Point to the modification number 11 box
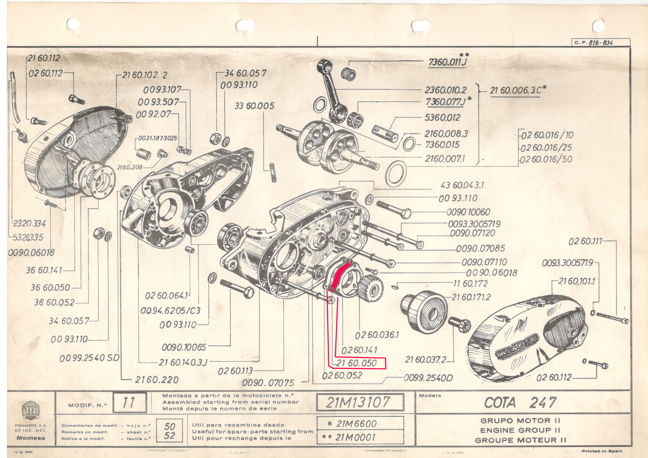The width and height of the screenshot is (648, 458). [x=129, y=402]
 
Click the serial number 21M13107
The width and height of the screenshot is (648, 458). [x=360, y=402]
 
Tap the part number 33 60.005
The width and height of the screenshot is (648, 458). [x=254, y=106]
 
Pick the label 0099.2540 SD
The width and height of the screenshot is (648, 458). [x=89, y=358]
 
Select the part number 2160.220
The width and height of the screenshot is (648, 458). [x=157, y=380]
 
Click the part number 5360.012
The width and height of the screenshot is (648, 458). [x=442, y=118]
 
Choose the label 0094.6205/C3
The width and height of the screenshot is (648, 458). [x=170, y=311]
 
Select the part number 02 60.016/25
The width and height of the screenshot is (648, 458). [x=547, y=148]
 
